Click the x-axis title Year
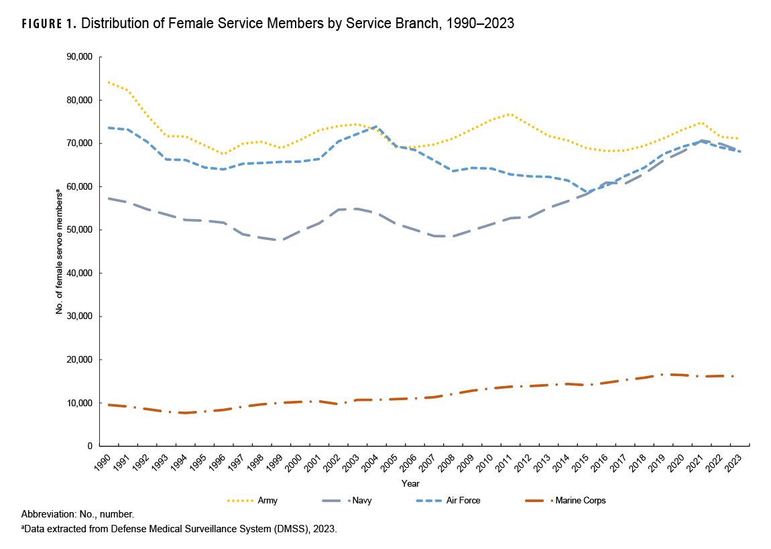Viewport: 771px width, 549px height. coord(411,483)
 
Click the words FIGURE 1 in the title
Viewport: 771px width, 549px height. coord(48,24)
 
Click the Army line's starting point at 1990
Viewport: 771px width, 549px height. coord(109,82)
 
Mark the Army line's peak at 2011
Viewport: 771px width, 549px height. coord(511,114)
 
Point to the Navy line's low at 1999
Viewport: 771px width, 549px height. coord(282,240)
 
